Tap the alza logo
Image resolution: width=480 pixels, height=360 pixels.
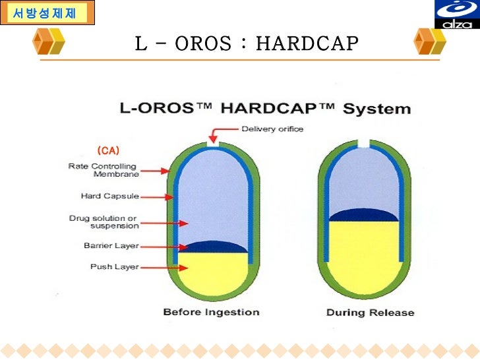(x=456, y=15)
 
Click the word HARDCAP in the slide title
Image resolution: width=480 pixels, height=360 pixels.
(x=307, y=44)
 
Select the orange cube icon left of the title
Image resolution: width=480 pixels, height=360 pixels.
(x=49, y=42)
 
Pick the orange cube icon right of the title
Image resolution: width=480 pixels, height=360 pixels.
(x=430, y=42)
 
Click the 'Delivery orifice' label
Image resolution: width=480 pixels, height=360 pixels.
(x=272, y=129)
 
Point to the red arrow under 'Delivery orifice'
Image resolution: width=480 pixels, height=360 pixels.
(x=213, y=134)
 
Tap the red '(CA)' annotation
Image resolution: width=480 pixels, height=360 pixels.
(x=107, y=150)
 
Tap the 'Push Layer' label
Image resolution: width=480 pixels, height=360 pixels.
(x=115, y=267)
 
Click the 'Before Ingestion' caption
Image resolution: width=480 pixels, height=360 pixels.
(x=211, y=312)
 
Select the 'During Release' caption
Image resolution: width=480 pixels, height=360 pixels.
(x=370, y=312)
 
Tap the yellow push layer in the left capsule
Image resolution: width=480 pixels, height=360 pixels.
(x=213, y=274)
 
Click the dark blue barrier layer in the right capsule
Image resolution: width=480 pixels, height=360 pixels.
(x=363, y=215)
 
